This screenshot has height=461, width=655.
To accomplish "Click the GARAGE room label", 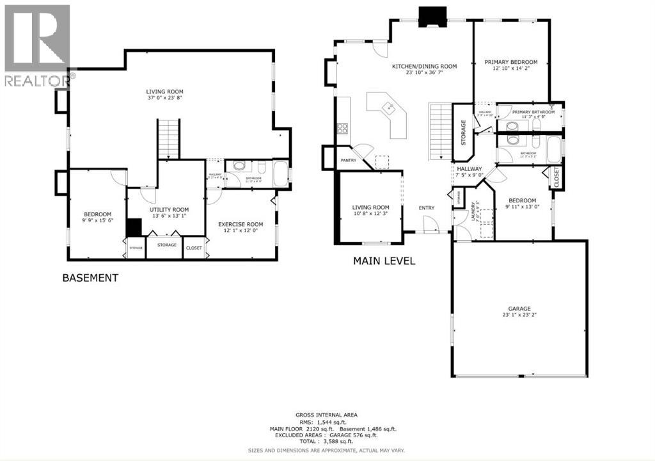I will click(x=519, y=308).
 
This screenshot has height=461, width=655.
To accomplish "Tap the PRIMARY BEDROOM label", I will click(x=510, y=62).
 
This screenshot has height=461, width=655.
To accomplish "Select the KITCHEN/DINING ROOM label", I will click(x=424, y=66).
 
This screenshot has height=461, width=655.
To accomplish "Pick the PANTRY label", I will click(x=348, y=161).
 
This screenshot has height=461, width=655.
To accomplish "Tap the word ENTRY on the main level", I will click(x=426, y=207).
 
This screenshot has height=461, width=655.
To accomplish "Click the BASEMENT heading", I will click(x=90, y=278).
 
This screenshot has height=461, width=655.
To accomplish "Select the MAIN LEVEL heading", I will click(x=384, y=261).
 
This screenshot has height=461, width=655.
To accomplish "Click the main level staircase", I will click(x=441, y=132).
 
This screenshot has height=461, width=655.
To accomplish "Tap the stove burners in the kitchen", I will click(x=342, y=128).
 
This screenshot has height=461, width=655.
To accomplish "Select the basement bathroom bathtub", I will click(x=280, y=173).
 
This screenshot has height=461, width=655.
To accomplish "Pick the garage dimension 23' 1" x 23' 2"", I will click(x=519, y=315).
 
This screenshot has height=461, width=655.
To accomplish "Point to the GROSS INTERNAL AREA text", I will click(x=326, y=415).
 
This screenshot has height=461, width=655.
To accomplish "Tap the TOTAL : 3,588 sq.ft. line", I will click(x=327, y=442).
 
